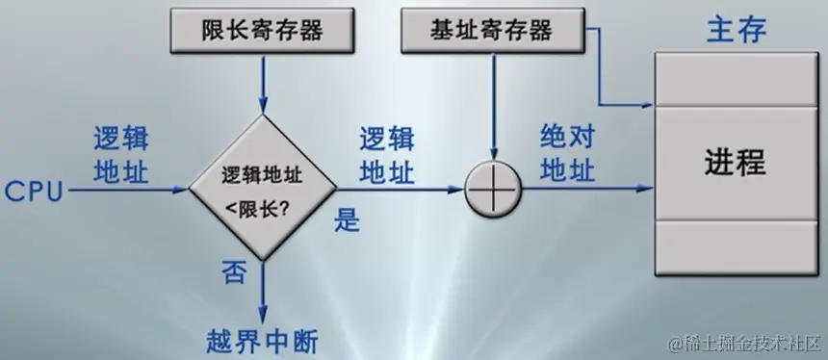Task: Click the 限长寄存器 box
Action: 261,31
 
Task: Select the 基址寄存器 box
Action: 491,31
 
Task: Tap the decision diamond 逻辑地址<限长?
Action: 261,189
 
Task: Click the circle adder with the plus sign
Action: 492,190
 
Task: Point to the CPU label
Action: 33,191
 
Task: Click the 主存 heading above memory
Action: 736,29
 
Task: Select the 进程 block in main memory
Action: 735,161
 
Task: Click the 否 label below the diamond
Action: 235,274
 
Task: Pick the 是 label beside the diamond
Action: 346,220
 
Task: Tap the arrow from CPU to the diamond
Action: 125,191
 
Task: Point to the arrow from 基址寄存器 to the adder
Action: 492,106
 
